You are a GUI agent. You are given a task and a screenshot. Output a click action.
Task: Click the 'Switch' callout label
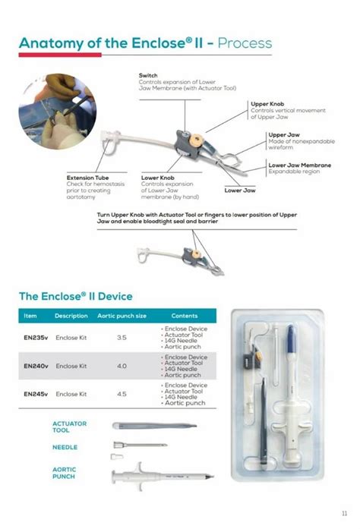point(148,75)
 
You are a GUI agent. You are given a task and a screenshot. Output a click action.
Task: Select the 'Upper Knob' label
point(267,104)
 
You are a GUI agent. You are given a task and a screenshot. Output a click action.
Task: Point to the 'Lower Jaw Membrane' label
point(299,165)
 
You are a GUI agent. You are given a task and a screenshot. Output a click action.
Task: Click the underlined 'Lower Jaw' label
point(238,190)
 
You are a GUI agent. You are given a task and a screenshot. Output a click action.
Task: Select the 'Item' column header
point(30,316)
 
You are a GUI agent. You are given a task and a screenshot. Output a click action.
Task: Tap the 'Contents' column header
point(185,316)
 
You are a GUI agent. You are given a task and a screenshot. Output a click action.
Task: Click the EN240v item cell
point(36,366)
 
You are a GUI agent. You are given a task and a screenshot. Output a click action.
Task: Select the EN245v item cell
point(36,394)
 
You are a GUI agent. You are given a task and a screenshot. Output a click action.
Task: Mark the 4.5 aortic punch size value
point(122,394)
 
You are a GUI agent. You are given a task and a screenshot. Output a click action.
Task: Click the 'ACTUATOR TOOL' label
point(69,427)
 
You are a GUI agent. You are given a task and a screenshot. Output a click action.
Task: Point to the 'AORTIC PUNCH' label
point(65,473)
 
